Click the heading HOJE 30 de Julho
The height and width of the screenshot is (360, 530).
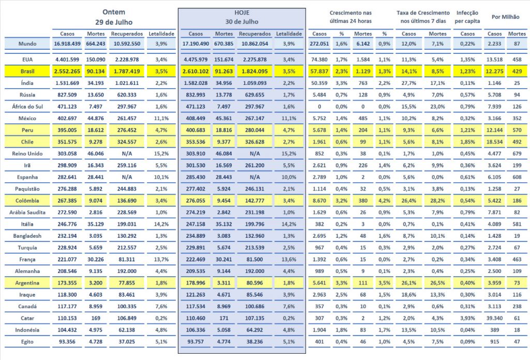(243, 17)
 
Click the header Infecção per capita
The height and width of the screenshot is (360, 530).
(468, 17)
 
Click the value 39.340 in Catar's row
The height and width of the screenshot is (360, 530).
(493, 318)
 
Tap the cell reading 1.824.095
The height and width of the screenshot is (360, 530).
(254, 71)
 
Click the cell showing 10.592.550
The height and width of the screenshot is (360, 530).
(127, 45)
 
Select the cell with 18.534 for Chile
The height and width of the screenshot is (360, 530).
(493, 141)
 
